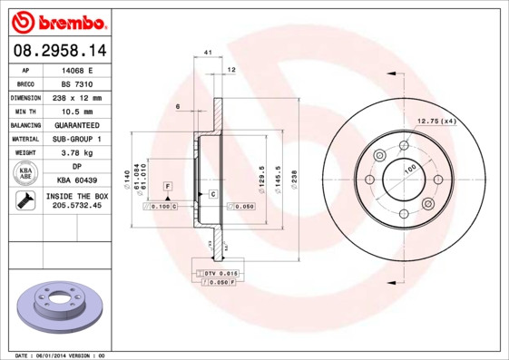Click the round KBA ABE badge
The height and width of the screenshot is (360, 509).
click(26, 174)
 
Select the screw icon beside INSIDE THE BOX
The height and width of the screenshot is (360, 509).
click(25, 201)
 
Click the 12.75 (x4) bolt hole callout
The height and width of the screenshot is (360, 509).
click(436, 121)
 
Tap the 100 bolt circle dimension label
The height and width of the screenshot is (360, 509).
click(409, 170)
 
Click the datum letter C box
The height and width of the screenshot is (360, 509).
click(212, 194)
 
